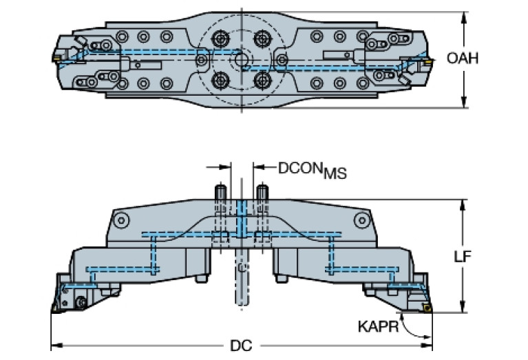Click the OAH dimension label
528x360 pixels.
click(x=462, y=58)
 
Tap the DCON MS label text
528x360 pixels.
click(x=312, y=169)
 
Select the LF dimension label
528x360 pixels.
click(x=481, y=256)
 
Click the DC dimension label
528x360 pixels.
click(x=241, y=348)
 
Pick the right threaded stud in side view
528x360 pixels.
click(x=262, y=193)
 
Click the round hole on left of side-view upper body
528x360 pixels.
click(x=121, y=220)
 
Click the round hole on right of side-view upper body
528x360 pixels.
click(x=360, y=220)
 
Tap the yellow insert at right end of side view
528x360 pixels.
click(x=427, y=309)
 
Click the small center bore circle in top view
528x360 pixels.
click(x=242, y=61)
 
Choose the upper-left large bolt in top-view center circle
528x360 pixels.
click(x=222, y=38)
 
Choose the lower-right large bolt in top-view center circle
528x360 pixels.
click(x=262, y=81)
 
